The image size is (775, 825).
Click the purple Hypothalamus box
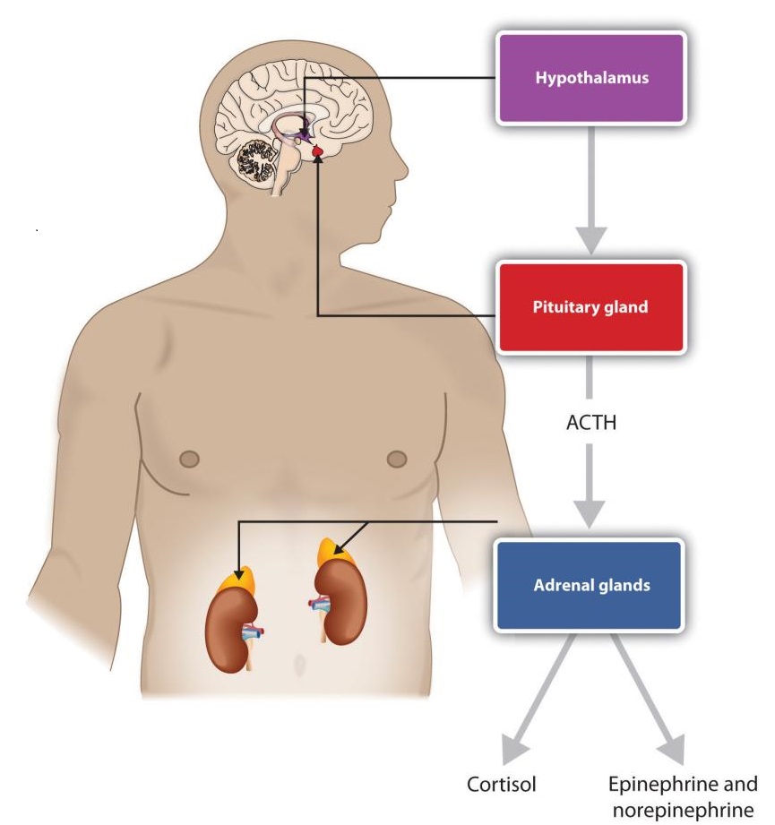[591, 77]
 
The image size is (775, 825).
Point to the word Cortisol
[502, 785]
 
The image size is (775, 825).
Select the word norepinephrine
[681, 812]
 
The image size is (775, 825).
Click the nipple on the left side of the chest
[189, 460]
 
